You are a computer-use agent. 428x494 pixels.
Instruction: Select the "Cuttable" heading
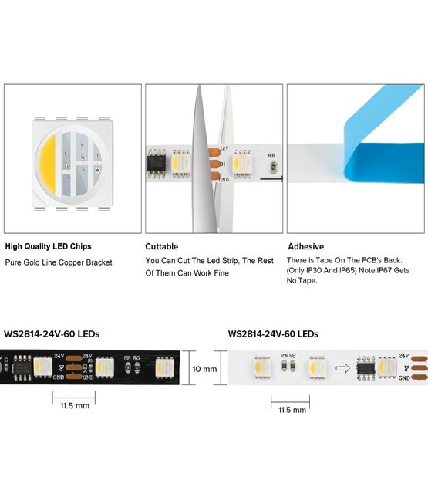click(162, 247)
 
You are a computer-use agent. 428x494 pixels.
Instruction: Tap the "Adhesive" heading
click(305, 247)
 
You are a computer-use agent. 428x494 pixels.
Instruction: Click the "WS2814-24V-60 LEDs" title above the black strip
click(52, 334)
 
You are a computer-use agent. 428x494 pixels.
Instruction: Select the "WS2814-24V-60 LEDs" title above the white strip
click(273, 334)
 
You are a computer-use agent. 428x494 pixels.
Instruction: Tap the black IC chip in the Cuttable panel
click(158, 164)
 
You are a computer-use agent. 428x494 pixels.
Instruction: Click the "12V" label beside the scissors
click(224, 147)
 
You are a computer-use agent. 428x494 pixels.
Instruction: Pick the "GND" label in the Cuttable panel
click(224, 179)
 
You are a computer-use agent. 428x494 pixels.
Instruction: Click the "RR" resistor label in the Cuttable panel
click(271, 155)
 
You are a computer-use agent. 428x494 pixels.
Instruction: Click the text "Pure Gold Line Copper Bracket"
click(59, 262)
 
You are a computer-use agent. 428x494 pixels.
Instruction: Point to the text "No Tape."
click(302, 280)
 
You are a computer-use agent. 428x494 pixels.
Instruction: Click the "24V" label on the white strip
click(403, 357)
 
